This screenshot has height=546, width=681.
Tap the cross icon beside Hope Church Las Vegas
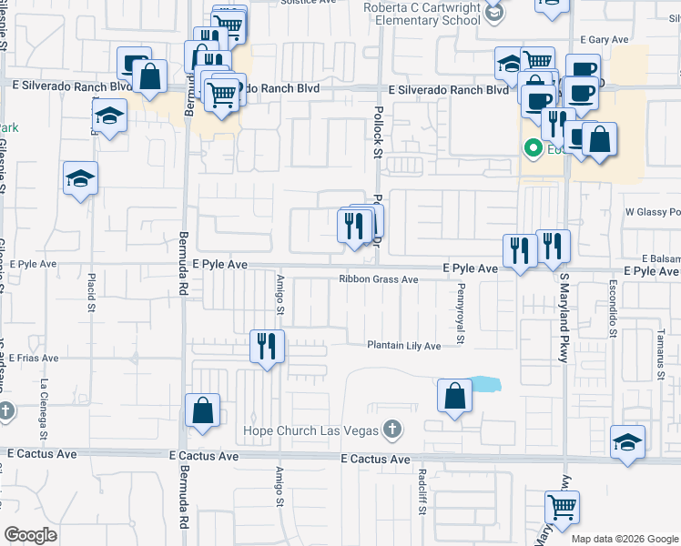[391, 428]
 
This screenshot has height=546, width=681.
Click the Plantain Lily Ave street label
[403, 346]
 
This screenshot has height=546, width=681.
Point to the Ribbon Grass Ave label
[379, 279]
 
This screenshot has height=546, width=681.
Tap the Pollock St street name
[377, 132]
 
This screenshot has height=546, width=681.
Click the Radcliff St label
[422, 491]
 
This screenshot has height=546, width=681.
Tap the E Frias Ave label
[34, 359]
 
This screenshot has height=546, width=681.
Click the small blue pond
[484, 384]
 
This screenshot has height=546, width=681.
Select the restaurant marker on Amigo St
[268, 347]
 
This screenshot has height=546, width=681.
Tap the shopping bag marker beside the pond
[454, 396]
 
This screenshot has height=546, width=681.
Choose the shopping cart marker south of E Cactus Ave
[562, 507]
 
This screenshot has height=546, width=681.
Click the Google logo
[31, 535]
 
